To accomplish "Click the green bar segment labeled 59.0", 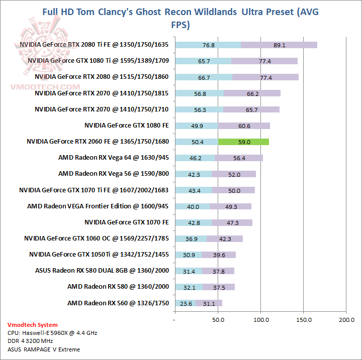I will click(244, 142).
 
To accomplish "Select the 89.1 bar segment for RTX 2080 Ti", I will click(279, 45).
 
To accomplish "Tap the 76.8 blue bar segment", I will click(208, 45).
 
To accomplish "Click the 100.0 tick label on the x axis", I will click(261, 319).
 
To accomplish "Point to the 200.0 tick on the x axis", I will click(346, 319).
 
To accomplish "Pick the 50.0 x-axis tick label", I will click(218, 319).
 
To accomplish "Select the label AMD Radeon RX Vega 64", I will click(113, 158).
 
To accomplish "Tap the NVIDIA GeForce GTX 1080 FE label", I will click(126, 126).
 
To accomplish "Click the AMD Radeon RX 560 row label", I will click(118, 303).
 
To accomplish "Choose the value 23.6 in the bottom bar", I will click(187, 303).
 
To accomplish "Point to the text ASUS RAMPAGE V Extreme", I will click(44, 349).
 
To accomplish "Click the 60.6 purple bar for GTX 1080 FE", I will click(244, 126).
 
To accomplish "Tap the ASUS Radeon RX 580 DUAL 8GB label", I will click(102, 271).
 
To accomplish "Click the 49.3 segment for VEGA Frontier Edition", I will click(230, 206).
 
